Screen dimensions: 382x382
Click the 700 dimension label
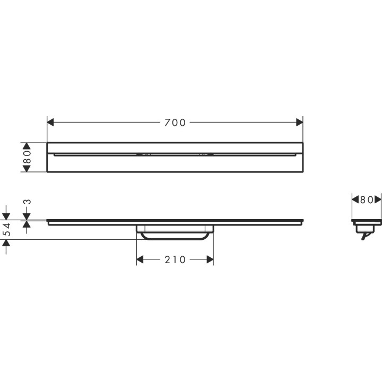coord(175,123)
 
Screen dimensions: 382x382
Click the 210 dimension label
coord(175,259)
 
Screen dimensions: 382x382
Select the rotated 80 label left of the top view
coord(28,157)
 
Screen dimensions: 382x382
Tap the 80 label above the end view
coord(367,200)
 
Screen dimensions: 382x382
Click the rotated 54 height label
coord(7,230)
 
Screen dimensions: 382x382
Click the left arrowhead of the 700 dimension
coord(50,123)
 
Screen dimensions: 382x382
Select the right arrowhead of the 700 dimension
coord(299,123)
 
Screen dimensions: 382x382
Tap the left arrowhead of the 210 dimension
coord(140,259)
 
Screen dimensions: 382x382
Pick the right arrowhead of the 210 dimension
coord(210,259)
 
